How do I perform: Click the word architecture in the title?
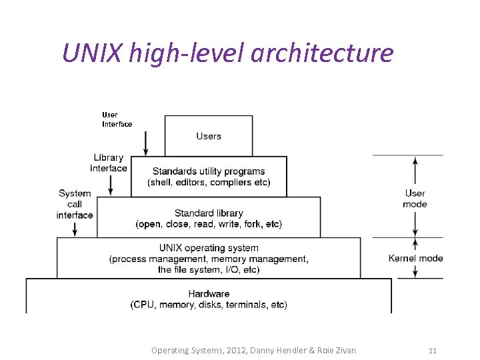tap(322, 52)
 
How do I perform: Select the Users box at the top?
tap(209, 136)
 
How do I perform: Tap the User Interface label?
tap(117, 119)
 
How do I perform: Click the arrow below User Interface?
tap(145, 142)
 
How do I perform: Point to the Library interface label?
tap(108, 163)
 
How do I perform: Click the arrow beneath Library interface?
tap(111, 184)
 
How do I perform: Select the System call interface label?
tap(75, 204)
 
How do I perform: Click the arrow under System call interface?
tap(75, 227)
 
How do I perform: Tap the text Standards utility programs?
tap(209, 171)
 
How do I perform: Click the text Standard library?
tap(209, 213)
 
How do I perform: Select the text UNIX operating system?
tap(209, 248)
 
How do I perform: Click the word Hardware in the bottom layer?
tap(209, 293)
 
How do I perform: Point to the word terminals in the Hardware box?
tap(239, 305)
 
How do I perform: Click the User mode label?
tap(415, 199)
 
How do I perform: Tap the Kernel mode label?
tap(415, 258)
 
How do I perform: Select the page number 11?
tap(432, 350)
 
